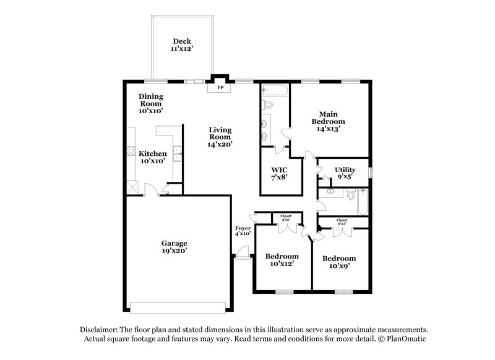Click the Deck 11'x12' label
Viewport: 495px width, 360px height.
click(x=181, y=44)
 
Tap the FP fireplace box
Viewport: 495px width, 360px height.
click(x=220, y=88)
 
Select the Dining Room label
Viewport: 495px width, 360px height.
click(x=151, y=100)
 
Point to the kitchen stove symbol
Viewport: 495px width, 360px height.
click(x=131, y=150)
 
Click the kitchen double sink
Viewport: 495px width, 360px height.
click(x=177, y=153)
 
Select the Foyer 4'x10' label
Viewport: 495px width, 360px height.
click(x=243, y=231)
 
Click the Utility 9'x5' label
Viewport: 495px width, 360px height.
click(x=345, y=173)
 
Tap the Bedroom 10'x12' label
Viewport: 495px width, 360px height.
click(x=282, y=260)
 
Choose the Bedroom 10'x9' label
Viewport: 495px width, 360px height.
click(x=339, y=262)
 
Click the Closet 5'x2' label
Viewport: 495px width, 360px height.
click(x=286, y=217)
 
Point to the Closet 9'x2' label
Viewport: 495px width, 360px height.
click(x=342, y=221)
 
